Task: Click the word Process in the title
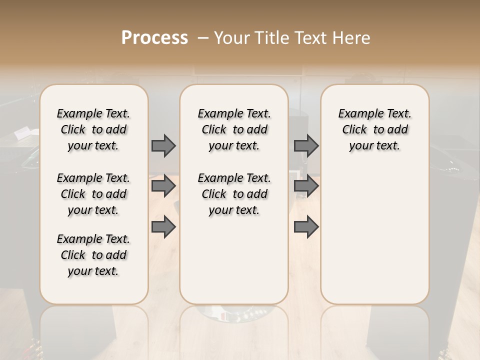(x=154, y=38)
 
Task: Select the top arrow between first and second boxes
(x=163, y=145)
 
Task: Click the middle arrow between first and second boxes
(x=163, y=186)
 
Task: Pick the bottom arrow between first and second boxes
(x=163, y=226)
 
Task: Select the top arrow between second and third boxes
(x=306, y=145)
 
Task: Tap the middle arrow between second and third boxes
(x=306, y=186)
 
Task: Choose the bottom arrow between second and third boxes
(x=306, y=226)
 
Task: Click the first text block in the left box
(x=93, y=129)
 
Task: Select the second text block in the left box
(x=93, y=194)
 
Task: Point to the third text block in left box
(x=93, y=255)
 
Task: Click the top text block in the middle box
(x=234, y=129)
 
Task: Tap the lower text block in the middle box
(x=234, y=194)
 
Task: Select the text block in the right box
(x=374, y=129)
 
